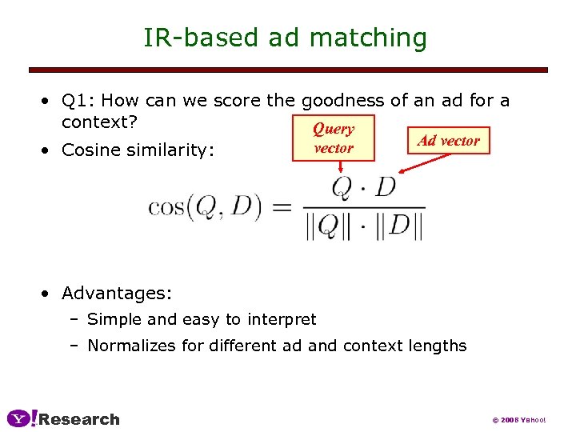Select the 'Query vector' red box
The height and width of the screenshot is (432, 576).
coord(333,138)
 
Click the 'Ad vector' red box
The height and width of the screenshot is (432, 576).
coord(449,141)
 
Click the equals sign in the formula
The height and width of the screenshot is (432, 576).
coord(281,208)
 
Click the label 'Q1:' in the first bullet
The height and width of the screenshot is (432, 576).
coord(79,101)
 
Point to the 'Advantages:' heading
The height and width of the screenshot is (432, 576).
coord(116,293)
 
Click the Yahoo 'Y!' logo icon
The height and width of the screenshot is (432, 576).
coord(22,418)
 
